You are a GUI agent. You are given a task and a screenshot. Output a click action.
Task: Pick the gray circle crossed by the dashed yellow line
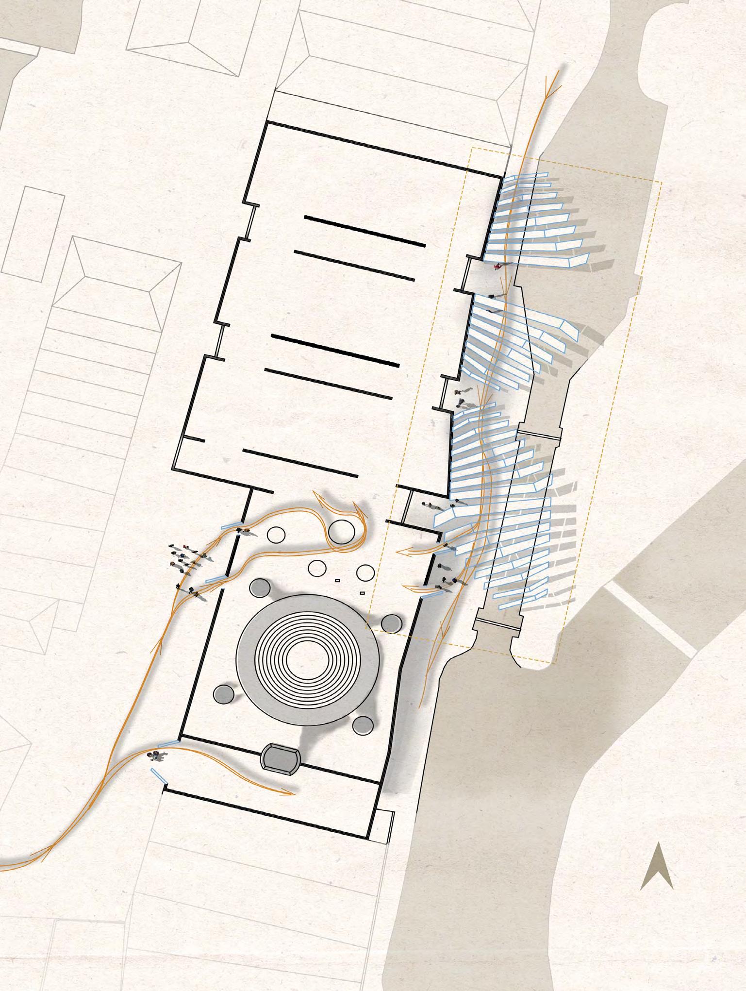[392, 623]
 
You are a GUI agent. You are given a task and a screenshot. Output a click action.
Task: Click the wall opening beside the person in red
[465, 273]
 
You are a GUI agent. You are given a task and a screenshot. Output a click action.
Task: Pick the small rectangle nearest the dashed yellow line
[361, 593]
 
